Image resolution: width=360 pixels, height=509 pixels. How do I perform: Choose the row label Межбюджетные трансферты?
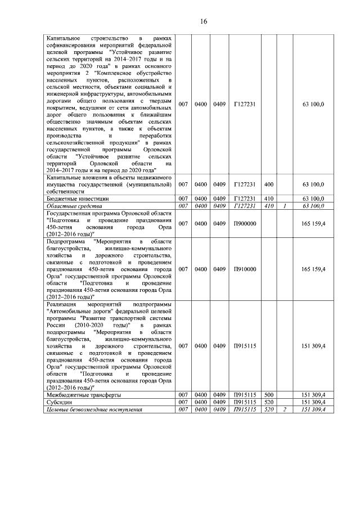coord(83,395)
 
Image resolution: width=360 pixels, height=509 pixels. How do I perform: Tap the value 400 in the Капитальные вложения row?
coord(268,184)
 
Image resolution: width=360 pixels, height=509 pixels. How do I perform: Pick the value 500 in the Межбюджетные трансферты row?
coord(268,395)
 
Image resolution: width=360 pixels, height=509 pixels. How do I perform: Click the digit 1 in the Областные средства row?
coord(285,206)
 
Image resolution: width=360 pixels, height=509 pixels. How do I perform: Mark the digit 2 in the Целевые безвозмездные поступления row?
coord(285,409)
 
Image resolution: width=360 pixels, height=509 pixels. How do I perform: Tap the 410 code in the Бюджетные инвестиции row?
coord(268,199)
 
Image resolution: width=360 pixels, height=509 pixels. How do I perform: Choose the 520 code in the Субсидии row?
coord(268,403)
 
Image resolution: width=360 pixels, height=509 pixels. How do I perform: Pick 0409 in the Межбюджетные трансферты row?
coord(219,395)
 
